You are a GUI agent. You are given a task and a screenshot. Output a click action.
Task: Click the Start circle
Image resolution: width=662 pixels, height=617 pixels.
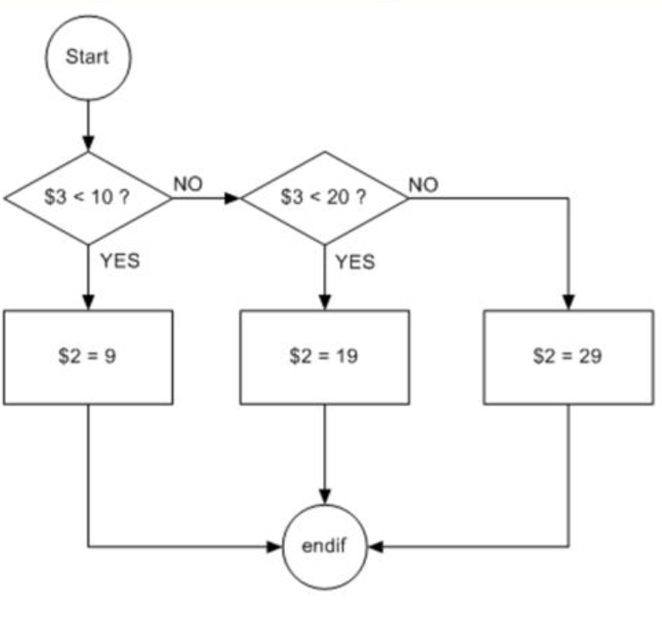click(x=88, y=59)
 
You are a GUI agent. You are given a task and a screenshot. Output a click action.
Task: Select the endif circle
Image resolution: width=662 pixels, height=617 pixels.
click(x=325, y=546)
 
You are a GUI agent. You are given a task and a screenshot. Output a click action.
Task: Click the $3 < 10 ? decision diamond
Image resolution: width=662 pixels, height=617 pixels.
click(x=88, y=197)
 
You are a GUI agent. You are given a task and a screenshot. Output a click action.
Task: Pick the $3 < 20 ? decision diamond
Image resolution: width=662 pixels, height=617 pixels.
click(x=325, y=197)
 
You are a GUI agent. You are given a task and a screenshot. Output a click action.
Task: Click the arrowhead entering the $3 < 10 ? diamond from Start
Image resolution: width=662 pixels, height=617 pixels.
click(x=88, y=145)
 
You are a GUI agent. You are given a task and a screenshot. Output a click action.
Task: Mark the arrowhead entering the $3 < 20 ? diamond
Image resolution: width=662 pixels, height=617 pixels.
click(x=233, y=198)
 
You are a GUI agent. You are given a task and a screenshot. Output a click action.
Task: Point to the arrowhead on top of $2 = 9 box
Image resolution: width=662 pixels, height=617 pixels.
click(x=88, y=302)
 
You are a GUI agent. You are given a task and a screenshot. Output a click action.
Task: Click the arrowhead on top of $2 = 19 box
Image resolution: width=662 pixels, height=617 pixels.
click(x=325, y=302)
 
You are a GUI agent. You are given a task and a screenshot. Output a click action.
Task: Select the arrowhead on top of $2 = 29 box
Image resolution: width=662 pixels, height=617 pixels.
click(x=567, y=302)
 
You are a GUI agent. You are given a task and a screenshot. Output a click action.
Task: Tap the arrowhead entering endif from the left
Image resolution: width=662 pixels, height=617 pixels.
click(x=275, y=546)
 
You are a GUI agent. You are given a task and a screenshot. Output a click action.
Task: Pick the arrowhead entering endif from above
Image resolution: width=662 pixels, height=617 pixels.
click(x=325, y=497)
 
